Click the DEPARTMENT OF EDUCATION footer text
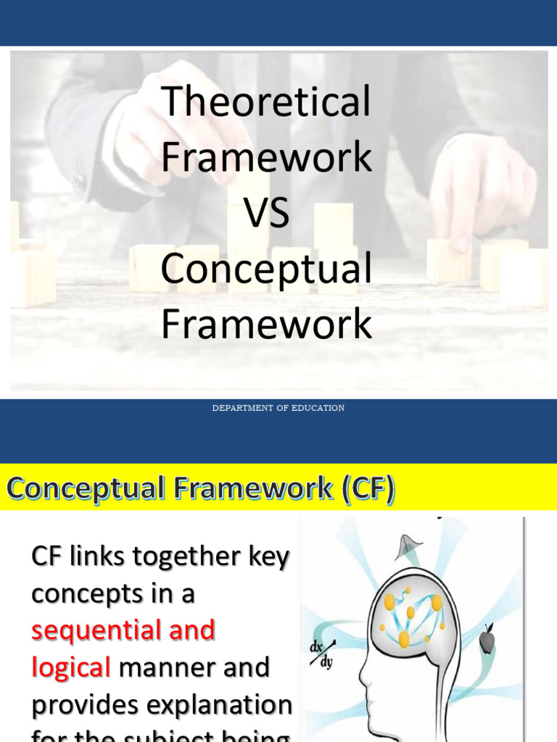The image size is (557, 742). click(x=278, y=408)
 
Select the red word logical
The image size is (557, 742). click(x=70, y=667)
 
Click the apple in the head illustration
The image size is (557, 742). click(x=487, y=641)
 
